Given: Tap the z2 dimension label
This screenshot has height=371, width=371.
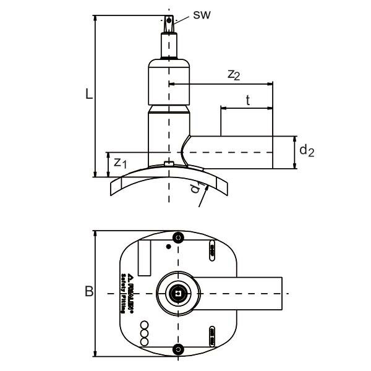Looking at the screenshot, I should [234, 75].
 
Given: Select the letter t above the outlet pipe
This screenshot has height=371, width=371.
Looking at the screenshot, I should [247, 100].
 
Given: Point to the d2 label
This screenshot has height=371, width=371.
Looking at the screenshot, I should [307, 150].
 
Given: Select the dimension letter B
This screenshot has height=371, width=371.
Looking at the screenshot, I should [89, 291].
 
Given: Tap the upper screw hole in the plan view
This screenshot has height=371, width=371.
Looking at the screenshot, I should [179, 238].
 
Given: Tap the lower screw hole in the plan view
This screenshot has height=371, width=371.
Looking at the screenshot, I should [179, 350].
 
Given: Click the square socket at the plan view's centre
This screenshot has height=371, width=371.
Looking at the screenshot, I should [178, 294].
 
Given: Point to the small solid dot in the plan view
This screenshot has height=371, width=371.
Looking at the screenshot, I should [168, 246].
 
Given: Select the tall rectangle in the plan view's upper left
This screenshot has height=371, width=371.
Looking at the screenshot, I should [144, 258].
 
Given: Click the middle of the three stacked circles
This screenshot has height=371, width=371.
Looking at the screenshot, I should [144, 333].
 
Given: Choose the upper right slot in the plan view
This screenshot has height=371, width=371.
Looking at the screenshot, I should [212, 251].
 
